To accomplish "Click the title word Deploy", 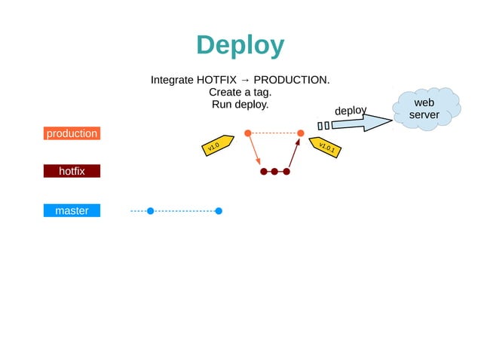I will [240, 46].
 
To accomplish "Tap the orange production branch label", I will [72, 133].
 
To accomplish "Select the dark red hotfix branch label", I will [72, 171].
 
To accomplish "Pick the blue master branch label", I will [72, 211].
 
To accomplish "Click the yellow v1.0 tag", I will [215, 146].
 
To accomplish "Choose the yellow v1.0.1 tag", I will [325, 147].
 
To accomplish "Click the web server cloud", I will [425, 109].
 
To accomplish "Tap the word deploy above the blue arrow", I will [350, 111].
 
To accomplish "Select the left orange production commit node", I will [247, 133].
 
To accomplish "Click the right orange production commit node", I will [300, 133].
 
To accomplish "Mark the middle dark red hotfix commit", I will [274, 172].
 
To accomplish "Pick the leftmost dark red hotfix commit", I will [263, 172].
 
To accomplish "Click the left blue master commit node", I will [150, 211].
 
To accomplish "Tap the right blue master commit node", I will [219, 211].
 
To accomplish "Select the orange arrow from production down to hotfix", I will [254, 150].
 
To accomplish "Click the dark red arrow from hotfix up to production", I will [293, 153].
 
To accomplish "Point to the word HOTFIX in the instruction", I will [216, 80].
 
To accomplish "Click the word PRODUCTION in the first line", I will [291, 80].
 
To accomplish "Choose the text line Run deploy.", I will [240, 104].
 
